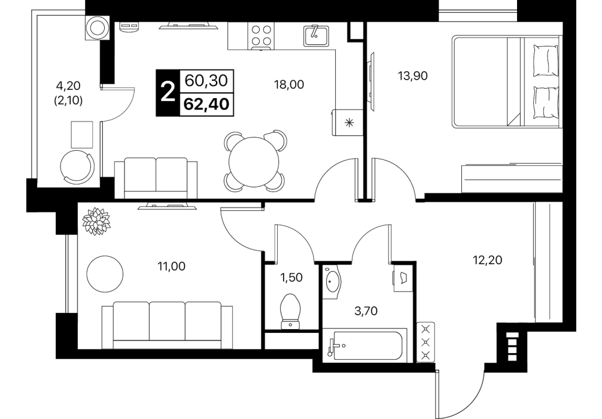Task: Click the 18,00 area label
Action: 288,84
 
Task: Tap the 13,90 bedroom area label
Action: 413,75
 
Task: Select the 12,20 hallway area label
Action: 487,260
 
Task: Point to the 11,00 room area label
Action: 172,266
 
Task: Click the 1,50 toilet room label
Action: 292,277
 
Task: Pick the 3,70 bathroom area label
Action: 366,310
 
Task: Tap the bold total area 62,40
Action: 206,104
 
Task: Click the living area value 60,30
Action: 206,80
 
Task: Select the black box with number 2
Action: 168,93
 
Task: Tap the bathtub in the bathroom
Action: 364,345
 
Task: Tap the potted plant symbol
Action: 96,221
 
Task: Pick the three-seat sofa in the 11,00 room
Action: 167,325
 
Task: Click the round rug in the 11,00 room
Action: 105,274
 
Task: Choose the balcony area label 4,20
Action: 68,85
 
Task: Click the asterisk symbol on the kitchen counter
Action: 349,123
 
